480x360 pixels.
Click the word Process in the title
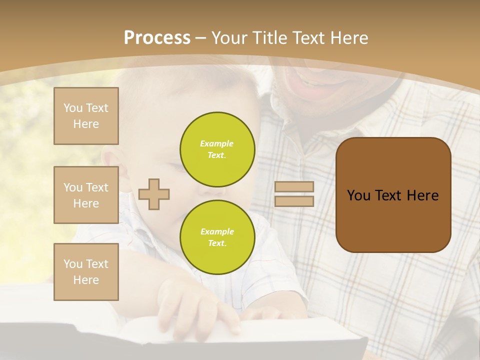pos(157,38)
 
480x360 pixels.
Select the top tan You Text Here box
pos(86,116)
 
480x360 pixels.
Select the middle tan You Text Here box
pos(86,195)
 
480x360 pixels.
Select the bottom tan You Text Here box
pos(86,272)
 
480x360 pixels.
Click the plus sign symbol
pos(154,194)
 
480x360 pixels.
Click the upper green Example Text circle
pos(217,149)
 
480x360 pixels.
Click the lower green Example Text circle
pos(217,237)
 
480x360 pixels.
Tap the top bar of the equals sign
pos(294,187)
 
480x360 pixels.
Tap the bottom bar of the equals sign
pos(294,201)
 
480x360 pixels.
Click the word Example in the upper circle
pos(217,143)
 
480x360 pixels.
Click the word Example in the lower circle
pos(217,231)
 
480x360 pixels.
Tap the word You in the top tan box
pos(72,108)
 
